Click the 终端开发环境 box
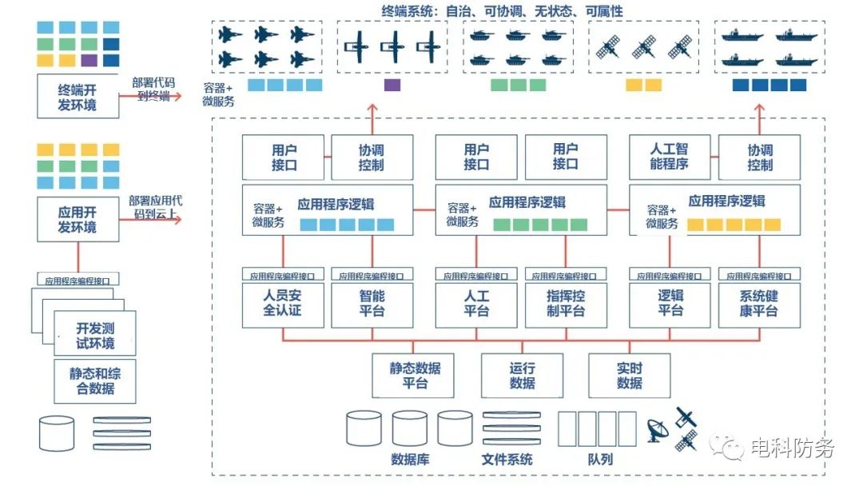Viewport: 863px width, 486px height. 78,96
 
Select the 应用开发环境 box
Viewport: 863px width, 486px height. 78,219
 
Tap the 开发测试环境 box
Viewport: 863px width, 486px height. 95,336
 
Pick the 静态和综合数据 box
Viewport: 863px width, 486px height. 95,381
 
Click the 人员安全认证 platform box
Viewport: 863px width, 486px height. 283,304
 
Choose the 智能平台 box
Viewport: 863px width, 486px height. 372,304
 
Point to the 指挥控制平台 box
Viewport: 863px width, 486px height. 566,304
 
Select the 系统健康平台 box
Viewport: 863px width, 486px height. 759,304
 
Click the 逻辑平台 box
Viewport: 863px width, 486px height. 670,304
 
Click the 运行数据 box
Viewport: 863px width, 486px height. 522,376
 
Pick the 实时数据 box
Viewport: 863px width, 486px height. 630,376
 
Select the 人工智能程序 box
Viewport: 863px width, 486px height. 670,157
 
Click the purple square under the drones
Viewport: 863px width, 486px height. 392,85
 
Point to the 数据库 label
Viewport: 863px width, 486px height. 411,460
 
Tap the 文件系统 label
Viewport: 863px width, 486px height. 507,460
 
